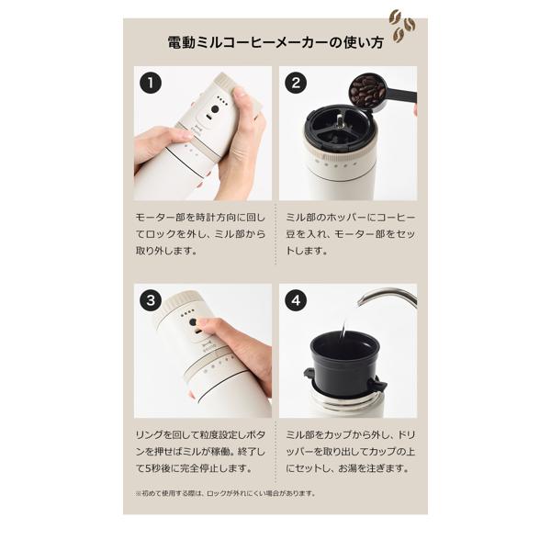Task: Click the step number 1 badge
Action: pos(150,83)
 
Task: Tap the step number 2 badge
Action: pos(295,83)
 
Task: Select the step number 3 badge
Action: pos(150,300)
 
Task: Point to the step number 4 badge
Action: pos(295,300)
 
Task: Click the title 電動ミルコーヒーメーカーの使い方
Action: pos(275,42)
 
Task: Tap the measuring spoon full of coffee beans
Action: pos(371,92)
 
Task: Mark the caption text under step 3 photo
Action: pos(201,452)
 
